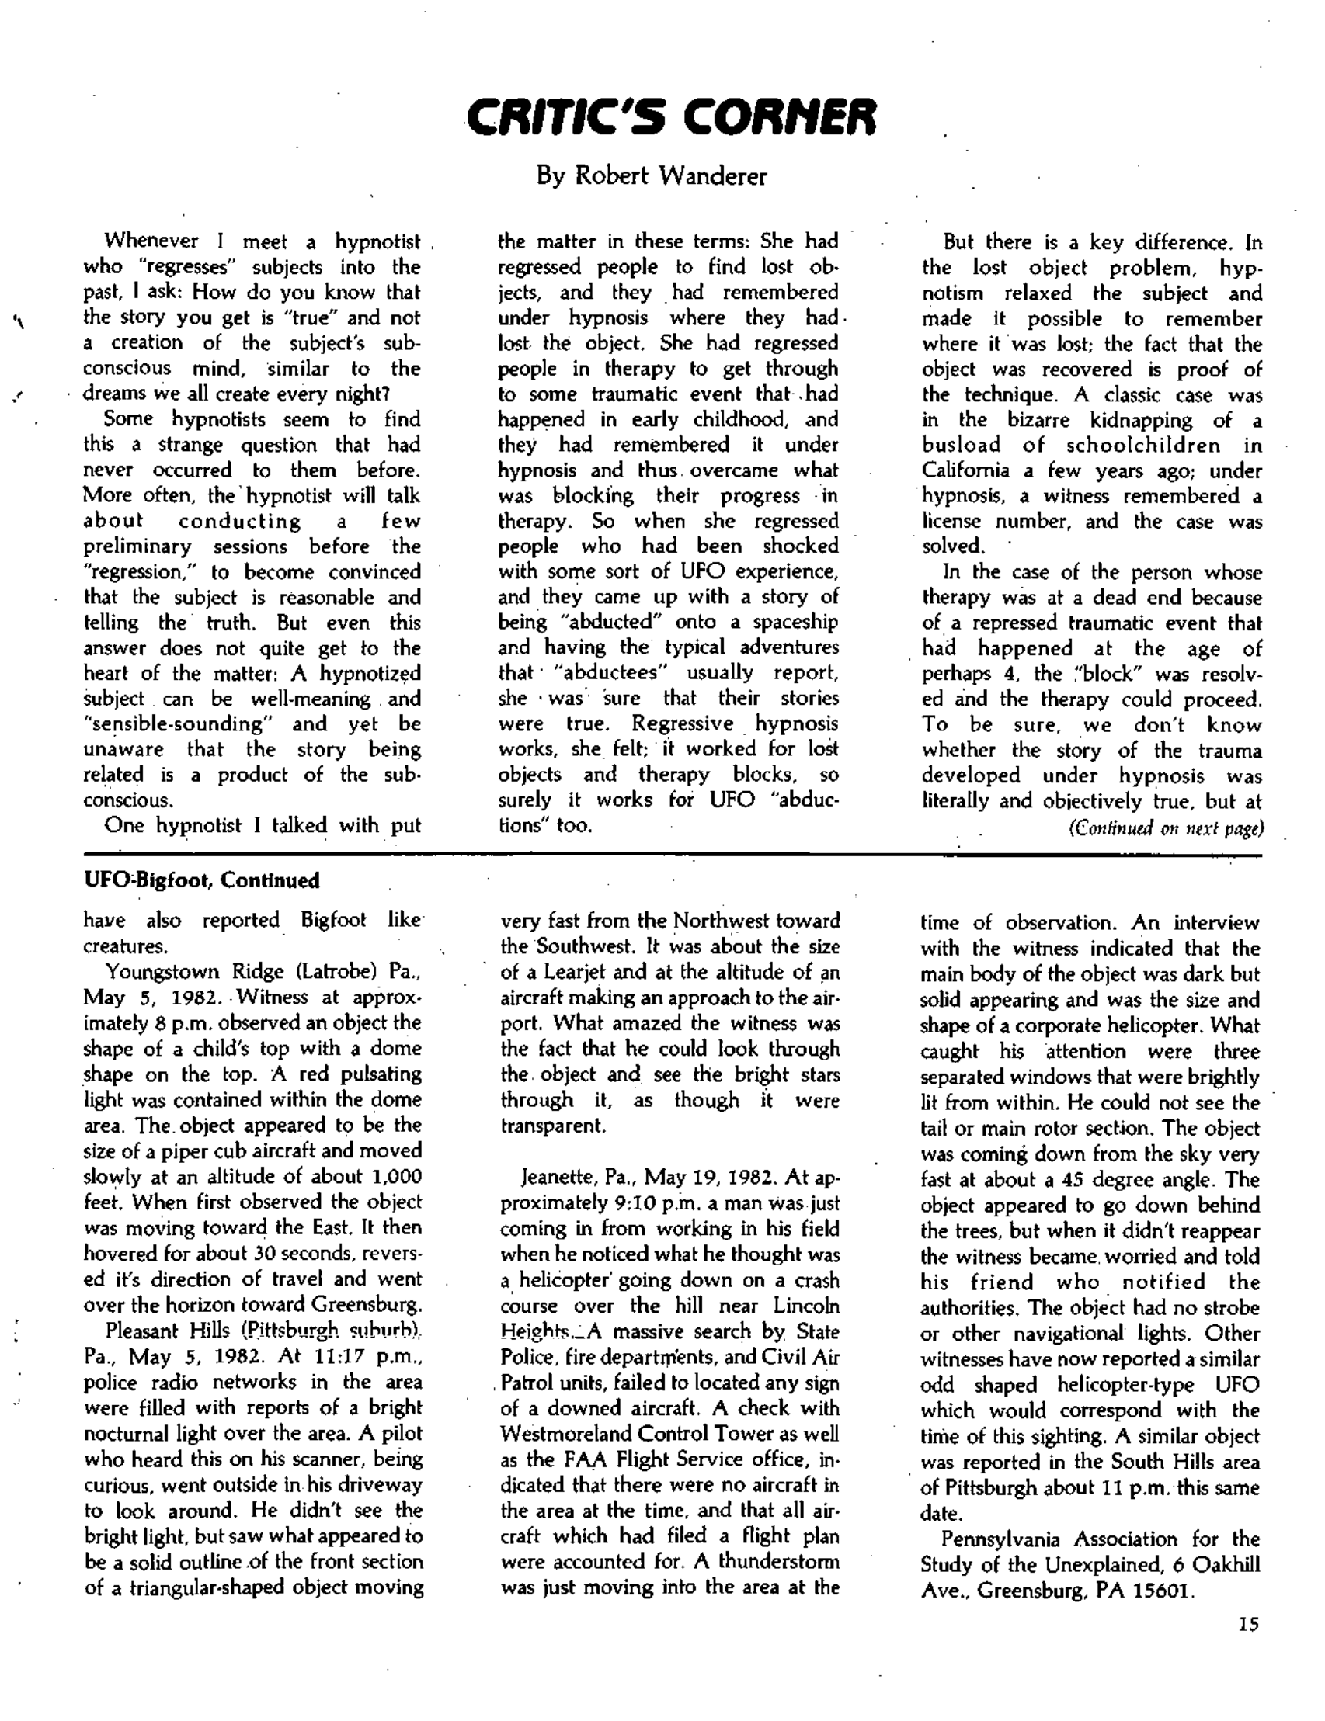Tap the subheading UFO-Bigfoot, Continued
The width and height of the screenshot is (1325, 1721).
202,880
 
